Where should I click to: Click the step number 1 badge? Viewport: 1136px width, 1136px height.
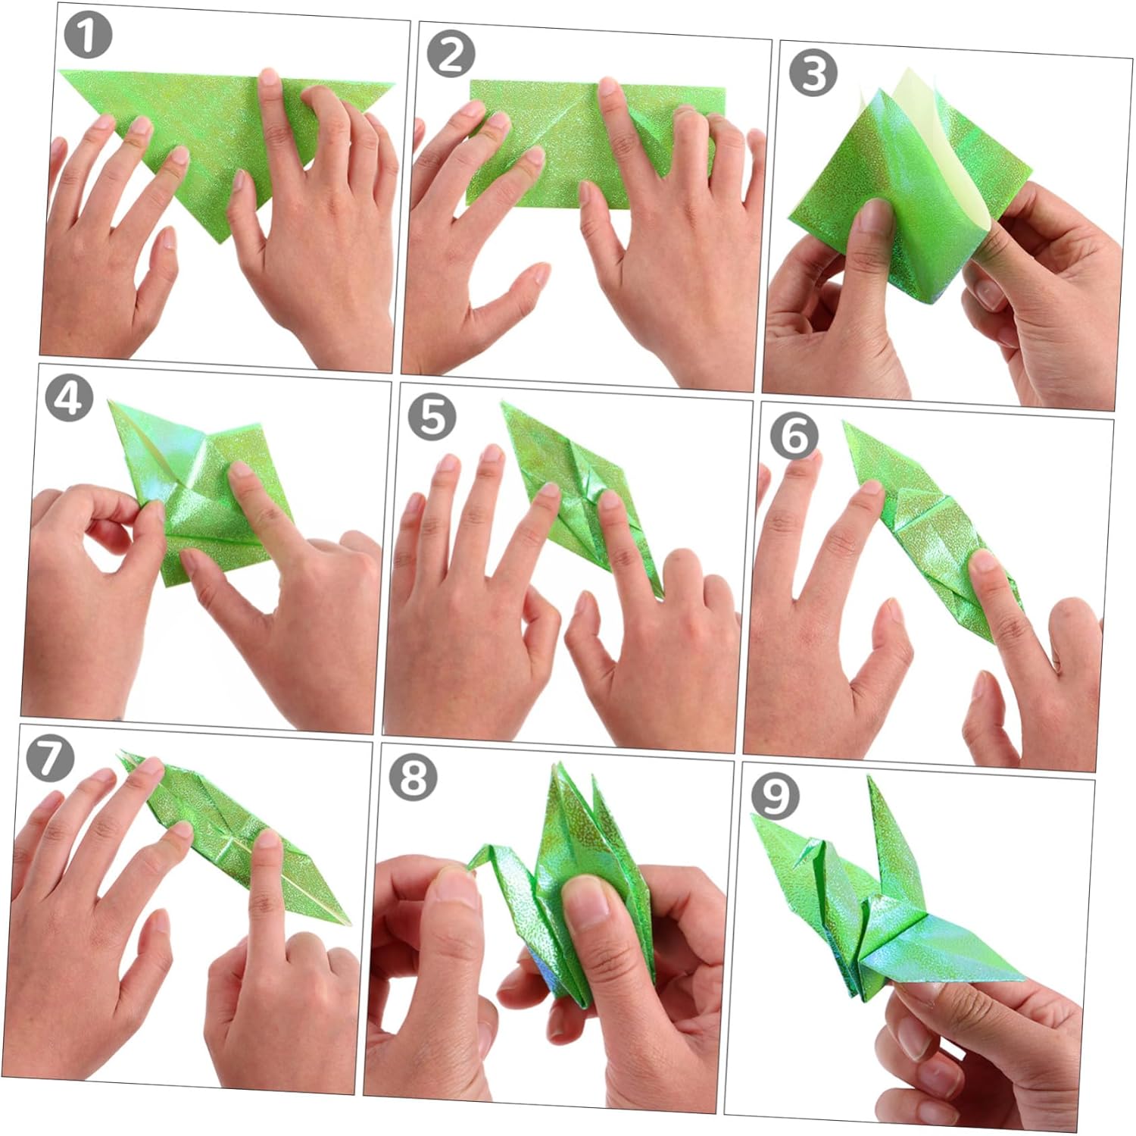pyautogui.click(x=87, y=35)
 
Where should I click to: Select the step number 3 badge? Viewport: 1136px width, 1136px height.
pyautogui.click(x=813, y=74)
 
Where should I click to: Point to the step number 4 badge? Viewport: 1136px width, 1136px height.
pyautogui.click(x=70, y=398)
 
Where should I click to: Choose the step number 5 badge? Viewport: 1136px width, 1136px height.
pyautogui.click(x=432, y=417)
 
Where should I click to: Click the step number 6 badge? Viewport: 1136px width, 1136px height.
pyautogui.click(x=794, y=436)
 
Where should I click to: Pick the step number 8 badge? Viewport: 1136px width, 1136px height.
pyautogui.click(x=413, y=777)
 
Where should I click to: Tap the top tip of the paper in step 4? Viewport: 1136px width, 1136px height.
pyautogui.click(x=111, y=401)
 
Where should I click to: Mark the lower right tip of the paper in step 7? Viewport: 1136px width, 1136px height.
pyautogui.click(x=351, y=923)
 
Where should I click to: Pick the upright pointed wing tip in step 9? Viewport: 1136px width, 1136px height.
pyautogui.click(x=871, y=778)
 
